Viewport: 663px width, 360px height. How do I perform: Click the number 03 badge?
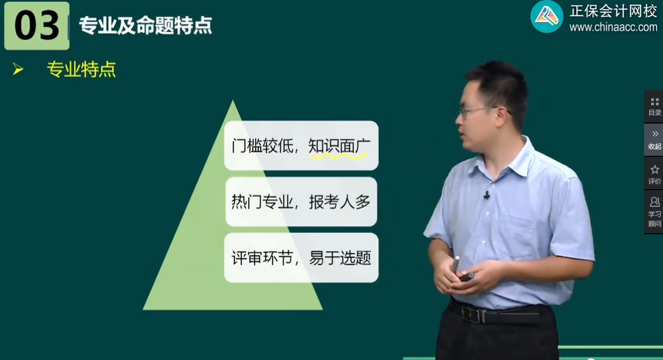point(37,26)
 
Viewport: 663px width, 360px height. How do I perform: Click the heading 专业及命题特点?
point(145,25)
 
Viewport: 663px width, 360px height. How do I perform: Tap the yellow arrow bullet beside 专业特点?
point(18,69)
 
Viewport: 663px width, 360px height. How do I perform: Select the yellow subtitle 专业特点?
point(81,69)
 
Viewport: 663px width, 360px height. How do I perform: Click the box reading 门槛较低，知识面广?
point(301,146)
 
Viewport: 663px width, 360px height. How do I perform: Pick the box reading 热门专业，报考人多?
point(301,201)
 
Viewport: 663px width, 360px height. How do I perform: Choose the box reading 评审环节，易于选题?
point(301,258)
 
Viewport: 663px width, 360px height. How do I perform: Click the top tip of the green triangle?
point(233,102)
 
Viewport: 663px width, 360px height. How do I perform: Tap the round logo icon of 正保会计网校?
point(546,17)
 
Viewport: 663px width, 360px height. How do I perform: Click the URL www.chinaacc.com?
point(613,27)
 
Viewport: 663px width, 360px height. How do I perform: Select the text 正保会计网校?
point(613,11)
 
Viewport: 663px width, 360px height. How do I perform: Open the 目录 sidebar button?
point(654,106)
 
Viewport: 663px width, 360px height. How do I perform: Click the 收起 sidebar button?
point(654,140)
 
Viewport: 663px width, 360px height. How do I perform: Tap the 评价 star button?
point(654,174)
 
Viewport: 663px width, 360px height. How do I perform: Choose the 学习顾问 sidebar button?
point(654,212)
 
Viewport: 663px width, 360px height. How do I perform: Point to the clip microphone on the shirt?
point(487,195)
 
